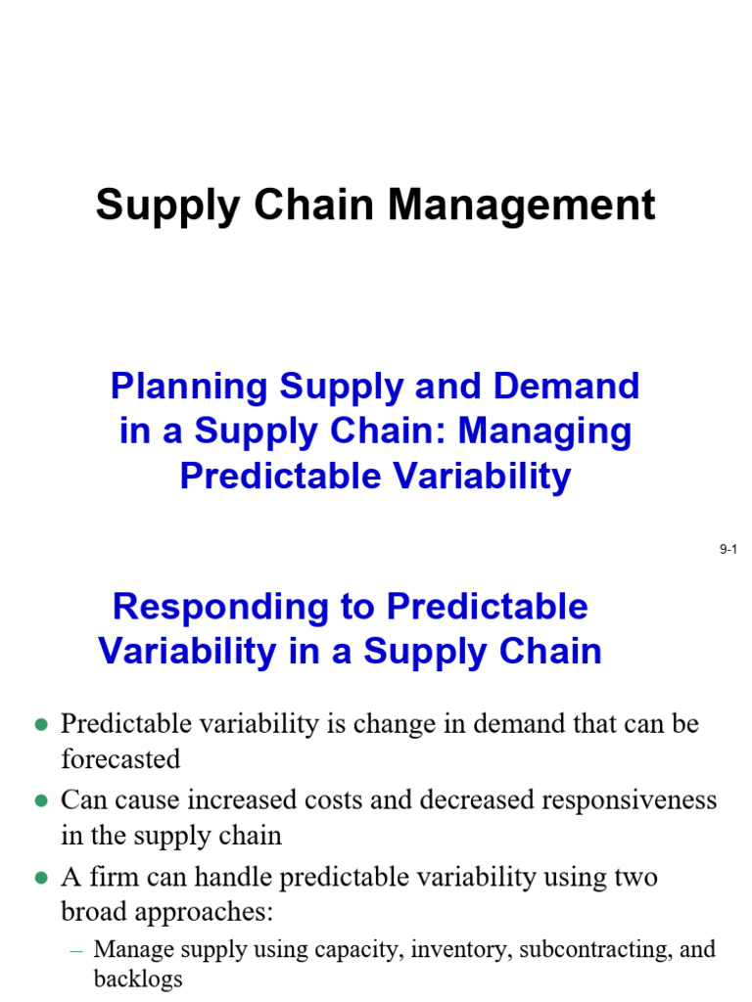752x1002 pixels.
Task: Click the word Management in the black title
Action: click(522, 205)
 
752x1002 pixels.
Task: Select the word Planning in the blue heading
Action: click(189, 387)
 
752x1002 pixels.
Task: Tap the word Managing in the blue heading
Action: click(544, 432)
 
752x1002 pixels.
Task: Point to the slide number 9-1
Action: click(728, 549)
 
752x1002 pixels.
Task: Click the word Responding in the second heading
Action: click(220, 608)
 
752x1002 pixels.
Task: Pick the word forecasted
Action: click(120, 759)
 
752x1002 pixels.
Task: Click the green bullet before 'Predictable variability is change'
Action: click(41, 725)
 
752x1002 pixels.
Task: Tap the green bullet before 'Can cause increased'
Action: click(41, 800)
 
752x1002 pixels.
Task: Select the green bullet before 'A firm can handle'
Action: click(41, 878)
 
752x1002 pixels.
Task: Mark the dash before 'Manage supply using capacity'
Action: click(76, 951)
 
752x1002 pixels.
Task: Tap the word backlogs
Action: click(138, 979)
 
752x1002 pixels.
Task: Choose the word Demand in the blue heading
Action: click(566, 387)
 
